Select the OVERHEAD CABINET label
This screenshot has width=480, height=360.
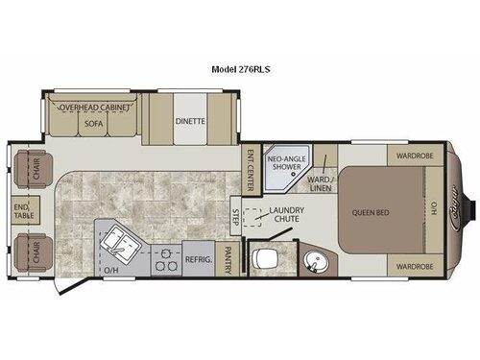click(93, 108)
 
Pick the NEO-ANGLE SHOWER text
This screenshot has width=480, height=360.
click(287, 162)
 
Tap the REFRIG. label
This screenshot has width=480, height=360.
click(198, 258)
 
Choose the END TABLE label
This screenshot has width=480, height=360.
click(21, 207)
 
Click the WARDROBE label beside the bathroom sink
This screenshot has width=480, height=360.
click(412, 266)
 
